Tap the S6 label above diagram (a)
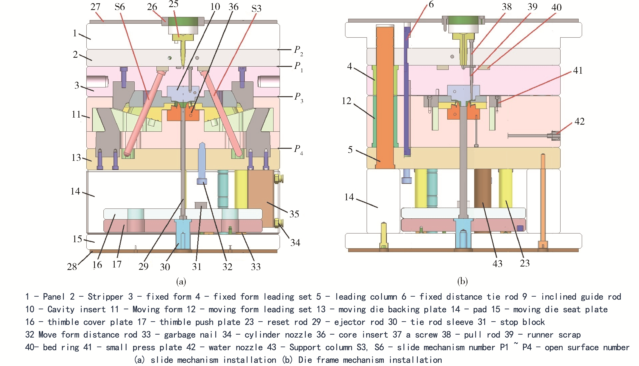(x=120, y=7)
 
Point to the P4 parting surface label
(x=298, y=149)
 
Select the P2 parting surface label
(x=298, y=50)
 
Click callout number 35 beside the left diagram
(x=294, y=214)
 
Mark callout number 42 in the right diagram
(x=579, y=122)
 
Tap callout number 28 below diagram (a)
(x=72, y=267)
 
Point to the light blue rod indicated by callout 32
(x=202, y=163)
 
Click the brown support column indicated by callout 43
(x=482, y=189)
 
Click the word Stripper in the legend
(x=105, y=297)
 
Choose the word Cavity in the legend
(x=61, y=309)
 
